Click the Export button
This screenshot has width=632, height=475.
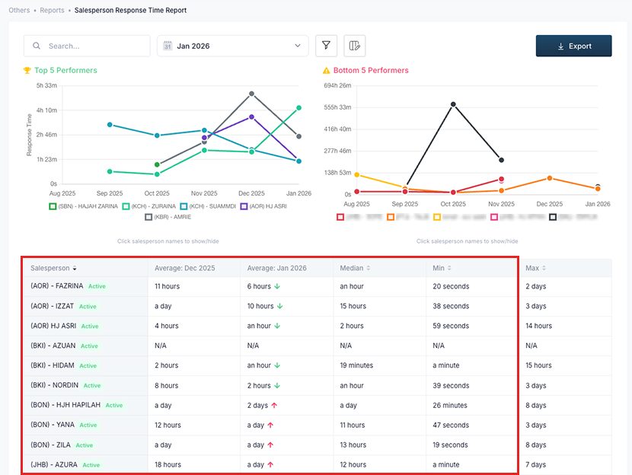click(573, 46)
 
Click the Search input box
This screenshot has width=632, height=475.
click(87, 46)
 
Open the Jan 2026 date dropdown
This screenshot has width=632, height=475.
click(232, 46)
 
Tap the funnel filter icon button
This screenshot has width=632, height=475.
click(326, 46)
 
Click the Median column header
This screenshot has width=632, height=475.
click(354, 268)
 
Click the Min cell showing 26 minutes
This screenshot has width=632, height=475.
click(450, 405)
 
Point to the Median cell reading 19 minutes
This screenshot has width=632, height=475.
click(357, 365)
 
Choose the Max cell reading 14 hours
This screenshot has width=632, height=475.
click(538, 326)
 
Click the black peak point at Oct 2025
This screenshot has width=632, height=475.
click(453, 104)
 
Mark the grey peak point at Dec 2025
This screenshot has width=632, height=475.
click(251, 94)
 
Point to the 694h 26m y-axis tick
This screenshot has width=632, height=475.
click(337, 85)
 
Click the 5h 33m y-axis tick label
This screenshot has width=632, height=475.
click(46, 85)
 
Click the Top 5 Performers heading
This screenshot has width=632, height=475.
click(65, 70)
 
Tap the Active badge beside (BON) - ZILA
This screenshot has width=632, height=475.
click(84, 445)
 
